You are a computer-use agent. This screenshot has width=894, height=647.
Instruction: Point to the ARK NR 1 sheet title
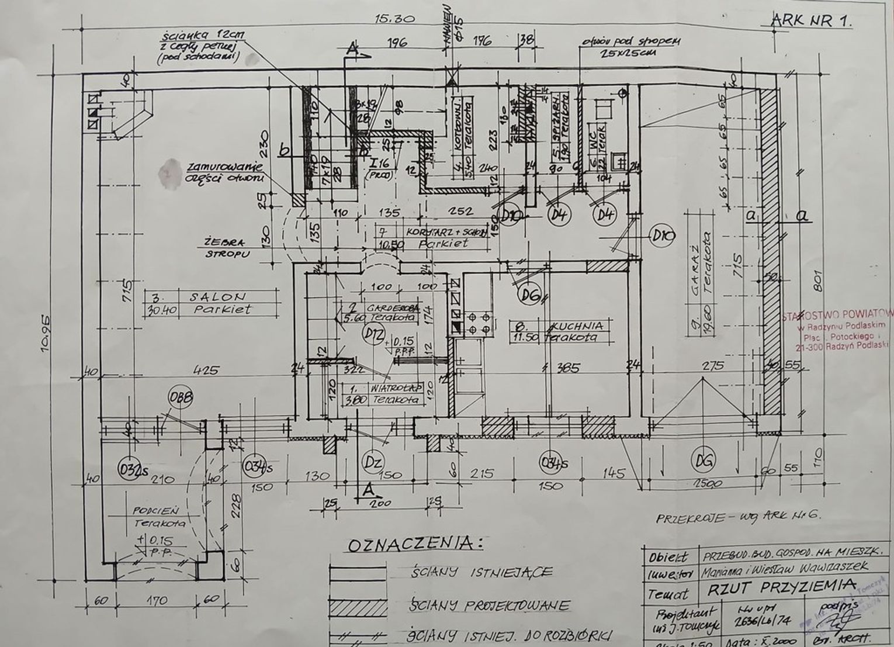click(x=812, y=21)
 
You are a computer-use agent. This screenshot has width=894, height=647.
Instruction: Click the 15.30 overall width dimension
click(x=394, y=19)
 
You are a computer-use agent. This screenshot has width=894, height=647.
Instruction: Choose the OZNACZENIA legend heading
click(x=415, y=545)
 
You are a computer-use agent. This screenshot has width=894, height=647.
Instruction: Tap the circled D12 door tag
click(x=370, y=334)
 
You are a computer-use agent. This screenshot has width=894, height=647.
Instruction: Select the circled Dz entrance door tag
click(x=373, y=462)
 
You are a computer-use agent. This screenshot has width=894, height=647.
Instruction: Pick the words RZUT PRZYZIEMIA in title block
click(x=781, y=587)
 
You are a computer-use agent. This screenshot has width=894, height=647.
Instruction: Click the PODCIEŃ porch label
click(x=151, y=510)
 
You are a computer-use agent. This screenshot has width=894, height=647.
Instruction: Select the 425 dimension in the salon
click(x=205, y=370)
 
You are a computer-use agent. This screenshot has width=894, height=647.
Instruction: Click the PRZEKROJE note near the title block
click(x=739, y=517)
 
